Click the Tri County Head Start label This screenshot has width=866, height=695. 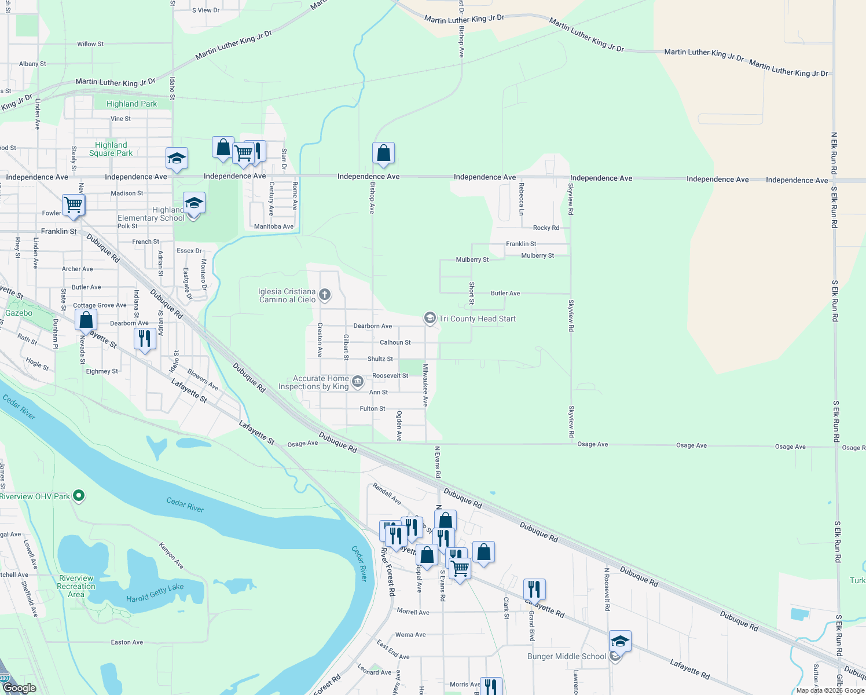[x=477, y=319]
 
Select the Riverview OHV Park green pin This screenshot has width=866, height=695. [x=79, y=496]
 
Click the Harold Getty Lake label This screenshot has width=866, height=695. [x=155, y=592]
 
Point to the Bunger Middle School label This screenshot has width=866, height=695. [x=567, y=656]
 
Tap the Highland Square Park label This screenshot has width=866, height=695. [x=111, y=149]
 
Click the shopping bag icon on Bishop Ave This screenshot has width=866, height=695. [x=383, y=153]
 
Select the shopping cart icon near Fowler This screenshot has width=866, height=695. [x=74, y=204]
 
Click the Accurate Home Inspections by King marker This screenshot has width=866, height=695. [x=358, y=381]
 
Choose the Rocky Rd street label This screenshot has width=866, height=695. [x=546, y=228]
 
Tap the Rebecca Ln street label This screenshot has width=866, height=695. [x=521, y=199]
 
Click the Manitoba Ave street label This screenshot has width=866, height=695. [x=274, y=226]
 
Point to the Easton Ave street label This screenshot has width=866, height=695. [x=127, y=642]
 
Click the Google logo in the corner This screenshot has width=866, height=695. [x=19, y=688]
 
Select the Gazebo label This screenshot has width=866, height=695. [x=19, y=313]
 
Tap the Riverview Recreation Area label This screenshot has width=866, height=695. [x=76, y=586]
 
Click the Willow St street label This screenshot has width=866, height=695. [x=90, y=44]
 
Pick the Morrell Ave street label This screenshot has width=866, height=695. [x=413, y=612]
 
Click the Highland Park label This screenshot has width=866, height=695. [x=131, y=104]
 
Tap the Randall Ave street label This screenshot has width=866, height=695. [x=387, y=493]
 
